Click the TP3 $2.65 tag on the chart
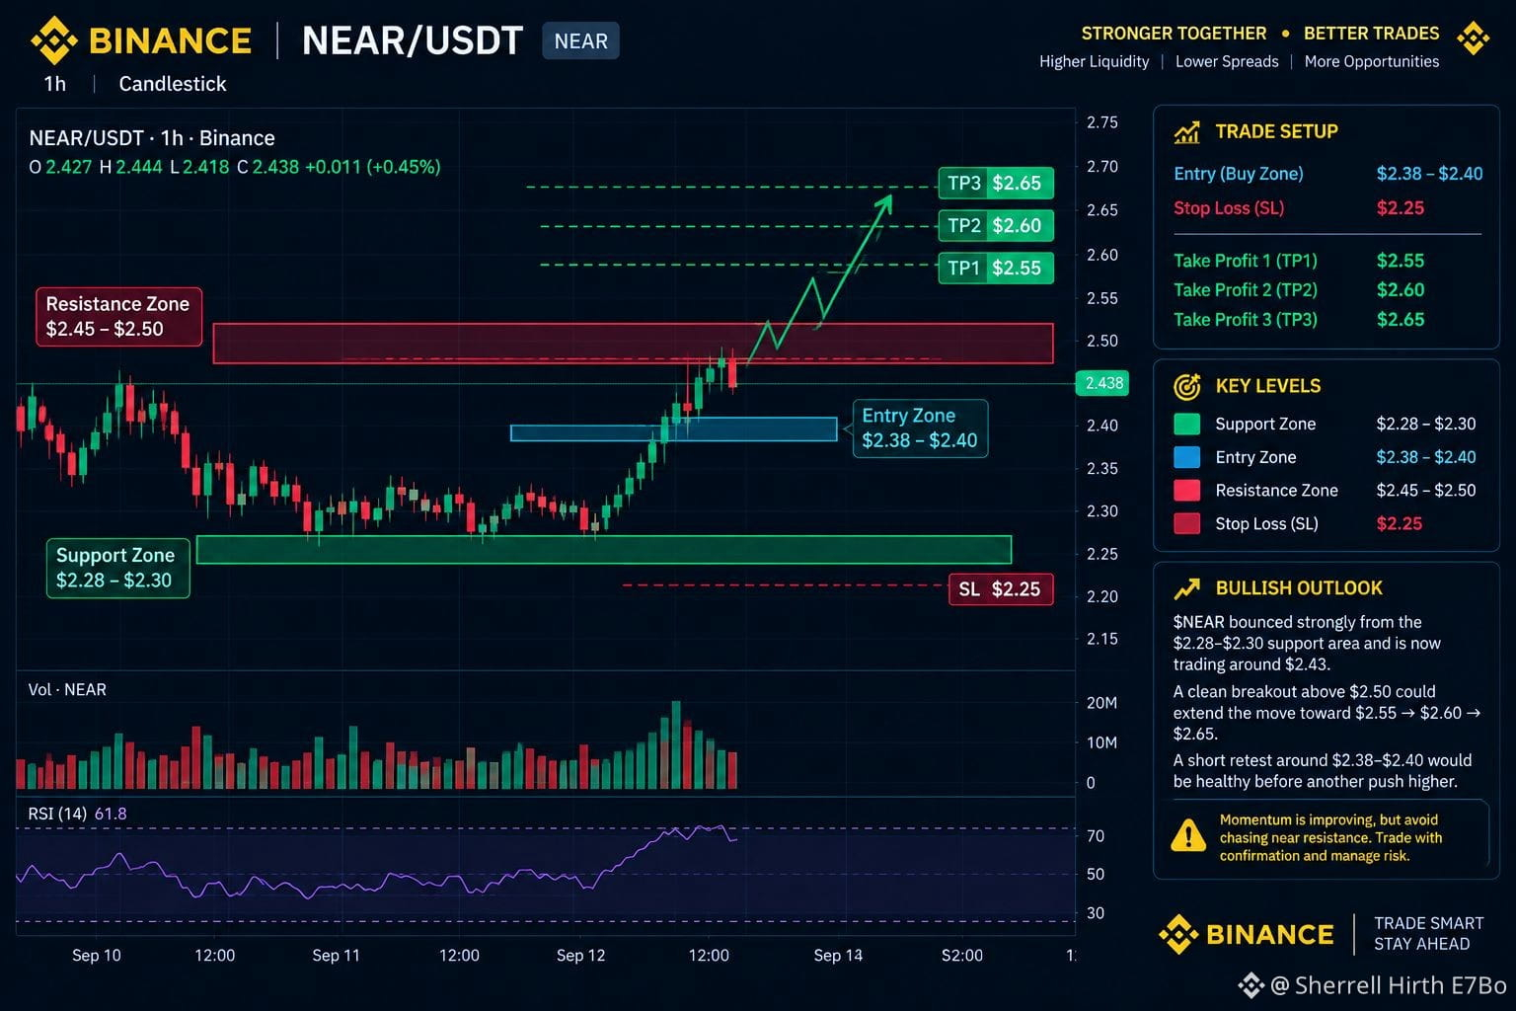pyautogui.click(x=996, y=183)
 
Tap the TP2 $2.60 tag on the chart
pyautogui.click(x=996, y=225)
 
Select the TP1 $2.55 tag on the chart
pyautogui.click(x=996, y=269)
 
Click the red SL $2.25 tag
pyautogui.click(x=1001, y=589)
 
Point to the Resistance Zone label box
pyautogui.click(x=119, y=317)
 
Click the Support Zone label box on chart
pyautogui.click(x=117, y=568)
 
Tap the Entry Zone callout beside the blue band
pyautogui.click(x=920, y=428)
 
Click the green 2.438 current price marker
pyautogui.click(x=1101, y=383)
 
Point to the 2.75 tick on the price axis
pyautogui.click(x=1101, y=122)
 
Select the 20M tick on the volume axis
pyautogui.click(x=1101, y=703)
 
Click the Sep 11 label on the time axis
pyautogui.click(x=336, y=956)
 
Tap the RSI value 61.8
pyautogui.click(x=111, y=814)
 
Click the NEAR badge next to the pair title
pyautogui.click(x=580, y=41)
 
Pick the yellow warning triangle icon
pyautogui.click(x=1187, y=835)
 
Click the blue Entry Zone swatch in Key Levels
pyautogui.click(x=1186, y=457)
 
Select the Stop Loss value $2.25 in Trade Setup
pyautogui.click(x=1400, y=208)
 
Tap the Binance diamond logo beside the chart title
pyautogui.click(x=54, y=40)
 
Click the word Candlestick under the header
pyautogui.click(x=173, y=84)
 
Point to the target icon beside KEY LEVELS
pyautogui.click(x=1186, y=387)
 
